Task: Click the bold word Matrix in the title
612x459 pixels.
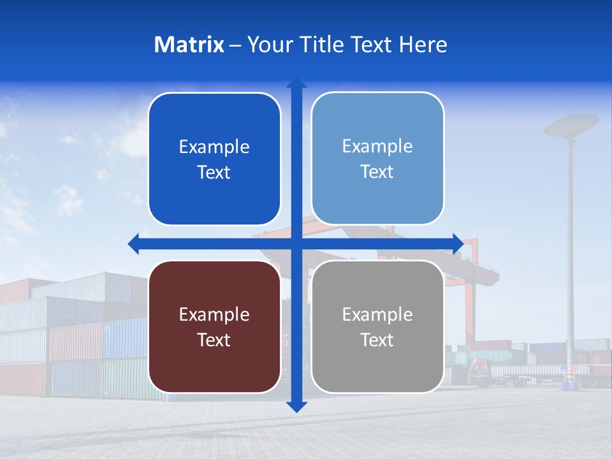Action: pyautogui.click(x=189, y=45)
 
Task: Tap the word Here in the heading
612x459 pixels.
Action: pyautogui.click(x=423, y=45)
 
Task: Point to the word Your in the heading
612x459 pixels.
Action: pyautogui.click(x=267, y=45)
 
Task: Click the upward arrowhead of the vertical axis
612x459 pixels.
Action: pyautogui.click(x=296, y=84)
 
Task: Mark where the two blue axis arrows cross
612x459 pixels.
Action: pyautogui.click(x=296, y=244)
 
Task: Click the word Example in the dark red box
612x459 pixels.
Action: pyautogui.click(x=214, y=314)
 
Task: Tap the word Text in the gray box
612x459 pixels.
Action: pyautogui.click(x=377, y=340)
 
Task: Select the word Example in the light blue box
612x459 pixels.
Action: pyautogui.click(x=377, y=146)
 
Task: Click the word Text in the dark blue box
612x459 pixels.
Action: pyautogui.click(x=214, y=172)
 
